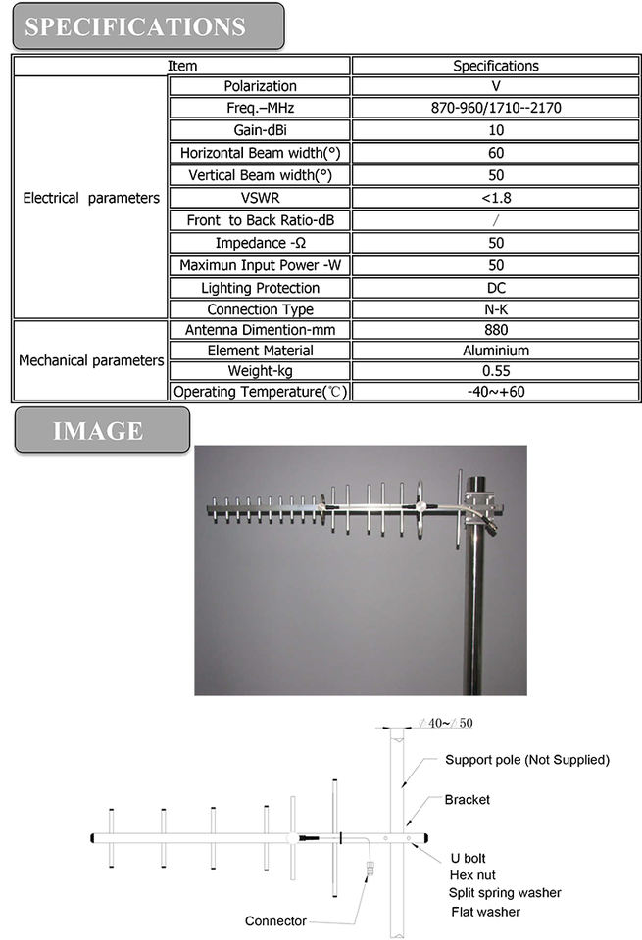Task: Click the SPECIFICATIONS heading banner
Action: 147,26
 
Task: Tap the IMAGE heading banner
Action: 101,431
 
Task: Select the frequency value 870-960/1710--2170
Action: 495,109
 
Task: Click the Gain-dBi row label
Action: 260,130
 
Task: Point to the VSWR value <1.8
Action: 495,198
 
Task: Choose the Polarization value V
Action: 495,86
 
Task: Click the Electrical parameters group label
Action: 91,198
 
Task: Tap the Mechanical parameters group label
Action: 91,360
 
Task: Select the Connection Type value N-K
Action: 495,309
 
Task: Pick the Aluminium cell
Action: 495,351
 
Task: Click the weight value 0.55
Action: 495,371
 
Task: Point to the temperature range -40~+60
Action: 495,392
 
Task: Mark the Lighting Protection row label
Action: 260,288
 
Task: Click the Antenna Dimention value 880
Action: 495,330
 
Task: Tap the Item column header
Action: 182,66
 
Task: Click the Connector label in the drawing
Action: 275,920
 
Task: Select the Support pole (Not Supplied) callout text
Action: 526,760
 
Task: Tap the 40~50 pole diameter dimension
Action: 447,723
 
